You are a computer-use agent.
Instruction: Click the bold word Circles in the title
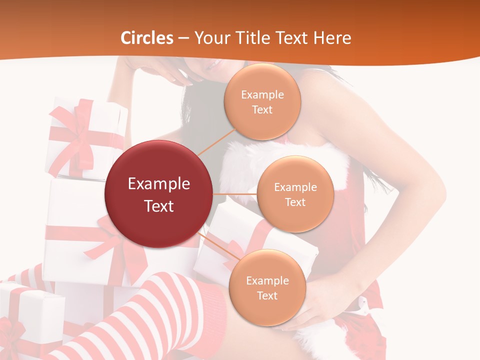point(146,38)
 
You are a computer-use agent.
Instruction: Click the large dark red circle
point(158,194)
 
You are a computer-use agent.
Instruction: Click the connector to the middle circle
point(235,193)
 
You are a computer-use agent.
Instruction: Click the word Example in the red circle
point(158,184)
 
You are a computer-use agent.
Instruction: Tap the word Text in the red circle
point(158,206)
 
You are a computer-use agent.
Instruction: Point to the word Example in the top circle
point(262,95)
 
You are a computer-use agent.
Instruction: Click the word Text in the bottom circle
point(267,295)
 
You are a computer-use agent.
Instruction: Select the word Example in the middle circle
point(295,187)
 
